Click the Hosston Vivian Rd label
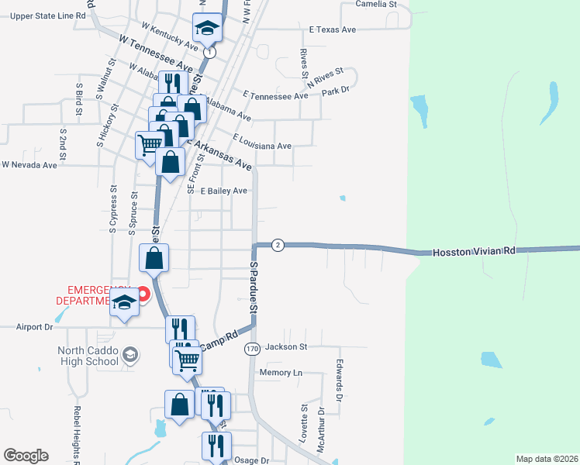click(x=474, y=252)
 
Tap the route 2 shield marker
click(x=278, y=245)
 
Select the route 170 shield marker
click(x=251, y=349)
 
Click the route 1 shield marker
click(x=209, y=53)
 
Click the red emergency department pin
click(x=143, y=294)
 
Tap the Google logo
click(x=26, y=456)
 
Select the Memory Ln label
click(x=281, y=373)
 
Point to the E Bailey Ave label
click(x=223, y=191)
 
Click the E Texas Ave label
click(x=332, y=29)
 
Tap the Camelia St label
click(x=376, y=4)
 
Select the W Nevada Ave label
click(x=29, y=165)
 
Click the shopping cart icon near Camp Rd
click(x=187, y=360)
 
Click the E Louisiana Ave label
click(x=261, y=146)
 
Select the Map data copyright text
click(x=547, y=459)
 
